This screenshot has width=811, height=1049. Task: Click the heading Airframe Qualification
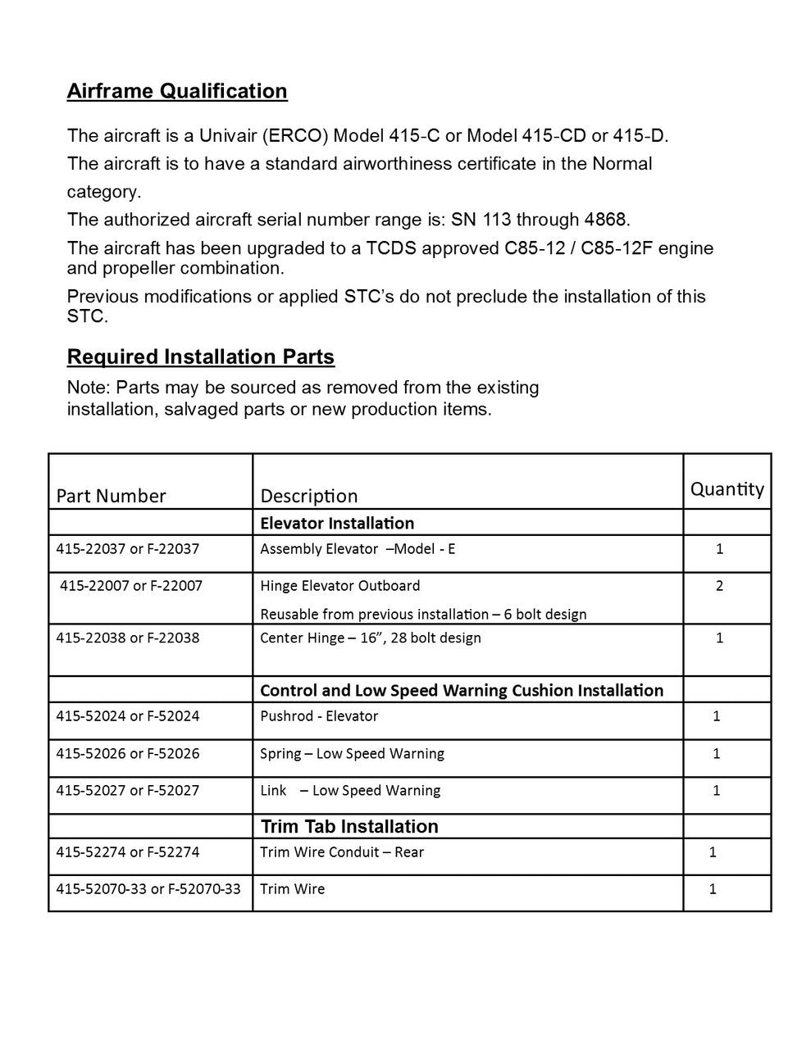177,91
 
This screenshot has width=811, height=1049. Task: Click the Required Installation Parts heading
201,357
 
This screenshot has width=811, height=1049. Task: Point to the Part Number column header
111,496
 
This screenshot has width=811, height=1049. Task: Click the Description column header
309,496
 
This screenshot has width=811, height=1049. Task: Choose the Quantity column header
727,489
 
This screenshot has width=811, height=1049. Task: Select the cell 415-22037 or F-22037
128,549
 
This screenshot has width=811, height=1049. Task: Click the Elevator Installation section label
337,523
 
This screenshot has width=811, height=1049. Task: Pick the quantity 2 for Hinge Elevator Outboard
719,586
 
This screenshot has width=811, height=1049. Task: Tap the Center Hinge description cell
371,638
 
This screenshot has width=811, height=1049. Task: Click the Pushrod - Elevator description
319,716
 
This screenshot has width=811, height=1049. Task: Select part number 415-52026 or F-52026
128,754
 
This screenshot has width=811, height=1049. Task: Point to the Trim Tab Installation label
349,826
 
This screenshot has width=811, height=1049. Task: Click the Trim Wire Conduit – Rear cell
342,852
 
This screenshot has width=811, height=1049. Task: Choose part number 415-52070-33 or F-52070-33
148,889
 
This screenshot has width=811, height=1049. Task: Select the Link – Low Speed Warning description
350,791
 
